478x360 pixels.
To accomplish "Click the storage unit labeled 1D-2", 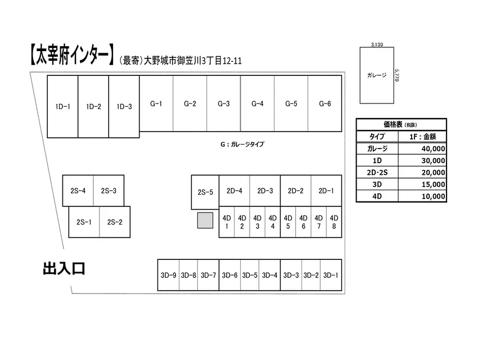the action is (x=93, y=106).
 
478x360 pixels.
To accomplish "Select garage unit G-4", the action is (x=258, y=103).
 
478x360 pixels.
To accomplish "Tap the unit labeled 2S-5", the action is (x=205, y=192).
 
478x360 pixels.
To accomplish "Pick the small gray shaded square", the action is (x=205, y=220).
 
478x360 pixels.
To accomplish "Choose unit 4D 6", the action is (x=303, y=222).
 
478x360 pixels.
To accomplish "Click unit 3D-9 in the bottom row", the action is (x=168, y=275).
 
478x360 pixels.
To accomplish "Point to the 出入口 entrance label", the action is (x=64, y=268).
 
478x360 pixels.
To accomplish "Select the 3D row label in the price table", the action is (x=377, y=184).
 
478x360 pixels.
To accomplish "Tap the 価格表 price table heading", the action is (x=393, y=124).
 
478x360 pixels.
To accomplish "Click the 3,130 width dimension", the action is (x=377, y=44).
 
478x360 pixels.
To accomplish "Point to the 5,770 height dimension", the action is (x=396, y=75).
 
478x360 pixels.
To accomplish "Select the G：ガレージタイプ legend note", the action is (x=242, y=144).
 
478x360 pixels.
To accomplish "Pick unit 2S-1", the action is (x=84, y=222).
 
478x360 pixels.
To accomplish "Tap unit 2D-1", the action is (x=326, y=191).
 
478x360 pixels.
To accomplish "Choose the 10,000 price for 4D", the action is (x=433, y=196).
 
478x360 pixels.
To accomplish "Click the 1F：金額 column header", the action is (x=422, y=137).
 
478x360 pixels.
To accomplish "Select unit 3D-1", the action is (x=331, y=275).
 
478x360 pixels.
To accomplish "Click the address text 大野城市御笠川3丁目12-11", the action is (x=193, y=61).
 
